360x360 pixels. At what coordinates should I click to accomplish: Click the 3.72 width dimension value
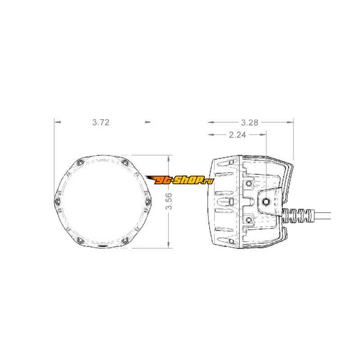click(x=101, y=122)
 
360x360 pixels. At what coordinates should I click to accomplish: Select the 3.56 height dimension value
click(x=169, y=201)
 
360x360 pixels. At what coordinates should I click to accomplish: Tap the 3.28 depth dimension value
click(x=250, y=122)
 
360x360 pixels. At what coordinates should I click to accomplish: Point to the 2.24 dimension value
click(x=238, y=135)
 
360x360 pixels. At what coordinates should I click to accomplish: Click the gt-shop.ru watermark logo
click(x=179, y=180)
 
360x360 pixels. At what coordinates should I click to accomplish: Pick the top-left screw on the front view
click(x=80, y=163)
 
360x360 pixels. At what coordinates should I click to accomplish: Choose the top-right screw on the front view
click(x=125, y=163)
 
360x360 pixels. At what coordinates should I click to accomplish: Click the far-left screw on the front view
click(x=58, y=202)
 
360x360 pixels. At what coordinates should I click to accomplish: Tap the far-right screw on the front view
click(x=148, y=202)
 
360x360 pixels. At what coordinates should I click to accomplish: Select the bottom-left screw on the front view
click(x=80, y=240)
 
